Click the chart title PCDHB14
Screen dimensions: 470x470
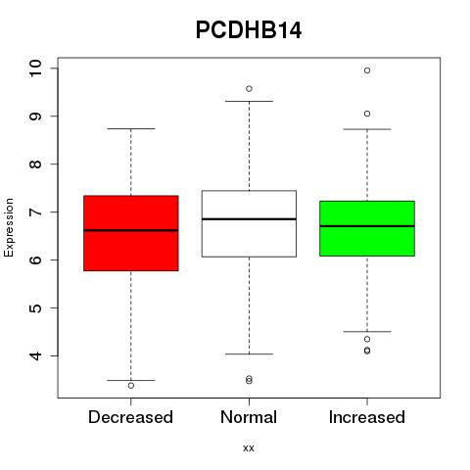pyautogui.click(x=249, y=30)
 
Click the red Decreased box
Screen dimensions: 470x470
pyautogui.click(x=131, y=233)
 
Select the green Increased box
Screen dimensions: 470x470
pyautogui.click(x=367, y=228)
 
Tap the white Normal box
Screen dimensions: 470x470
pyautogui.click(x=249, y=223)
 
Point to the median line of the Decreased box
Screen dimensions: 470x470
pyautogui.click(x=131, y=230)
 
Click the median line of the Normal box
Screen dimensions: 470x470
pyautogui.click(x=249, y=219)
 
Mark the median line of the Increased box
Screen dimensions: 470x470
pyautogui.click(x=367, y=226)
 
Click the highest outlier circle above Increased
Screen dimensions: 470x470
pyautogui.click(x=367, y=70)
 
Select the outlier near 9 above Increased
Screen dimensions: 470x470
pyautogui.click(x=367, y=114)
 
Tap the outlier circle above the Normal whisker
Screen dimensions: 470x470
pyautogui.click(x=249, y=89)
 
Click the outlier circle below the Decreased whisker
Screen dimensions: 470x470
pyautogui.click(x=131, y=386)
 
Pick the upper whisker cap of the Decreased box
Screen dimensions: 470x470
pyautogui.click(x=131, y=128)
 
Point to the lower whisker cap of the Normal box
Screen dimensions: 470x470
pyautogui.click(x=249, y=353)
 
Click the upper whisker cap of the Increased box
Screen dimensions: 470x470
pyautogui.click(x=367, y=129)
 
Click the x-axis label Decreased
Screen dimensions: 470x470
pyautogui.click(x=130, y=417)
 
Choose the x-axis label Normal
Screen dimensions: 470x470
pyautogui.click(x=249, y=417)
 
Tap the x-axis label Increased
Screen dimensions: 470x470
pyautogui.click(x=367, y=417)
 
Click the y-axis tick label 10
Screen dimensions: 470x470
pyautogui.click(x=35, y=69)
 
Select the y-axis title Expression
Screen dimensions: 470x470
pyautogui.click(x=9, y=227)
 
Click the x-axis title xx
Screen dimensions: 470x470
pyautogui.click(x=249, y=448)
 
